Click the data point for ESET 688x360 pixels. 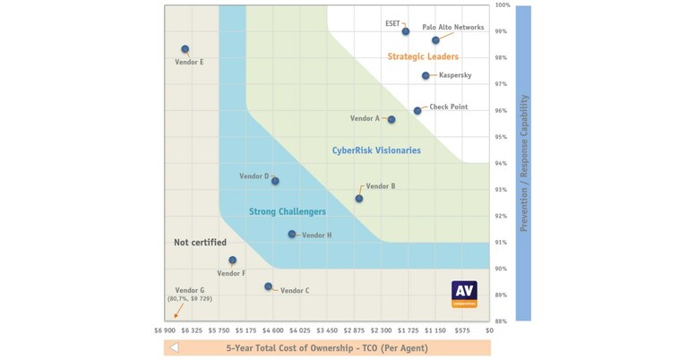(x=406, y=31)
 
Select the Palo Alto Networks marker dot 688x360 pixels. (x=436, y=40)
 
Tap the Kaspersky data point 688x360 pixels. (x=426, y=76)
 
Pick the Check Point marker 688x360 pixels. (x=417, y=111)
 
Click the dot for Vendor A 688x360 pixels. (x=391, y=119)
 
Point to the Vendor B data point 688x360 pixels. (x=359, y=199)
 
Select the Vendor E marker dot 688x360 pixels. (x=185, y=49)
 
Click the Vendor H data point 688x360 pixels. (x=292, y=235)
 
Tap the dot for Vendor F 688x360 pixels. (x=233, y=261)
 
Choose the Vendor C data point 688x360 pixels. (x=269, y=287)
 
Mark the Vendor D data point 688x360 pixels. (x=275, y=181)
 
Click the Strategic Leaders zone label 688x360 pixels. (x=423, y=57)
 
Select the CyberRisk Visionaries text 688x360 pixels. (x=376, y=150)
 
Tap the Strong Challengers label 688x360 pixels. (x=287, y=212)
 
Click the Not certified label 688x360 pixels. (x=200, y=243)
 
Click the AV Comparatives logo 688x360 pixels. (x=464, y=294)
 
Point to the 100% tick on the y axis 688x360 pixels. (x=503, y=5)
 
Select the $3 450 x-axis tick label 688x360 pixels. (x=327, y=330)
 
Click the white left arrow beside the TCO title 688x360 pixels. (x=175, y=347)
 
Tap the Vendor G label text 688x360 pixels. (x=190, y=291)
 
